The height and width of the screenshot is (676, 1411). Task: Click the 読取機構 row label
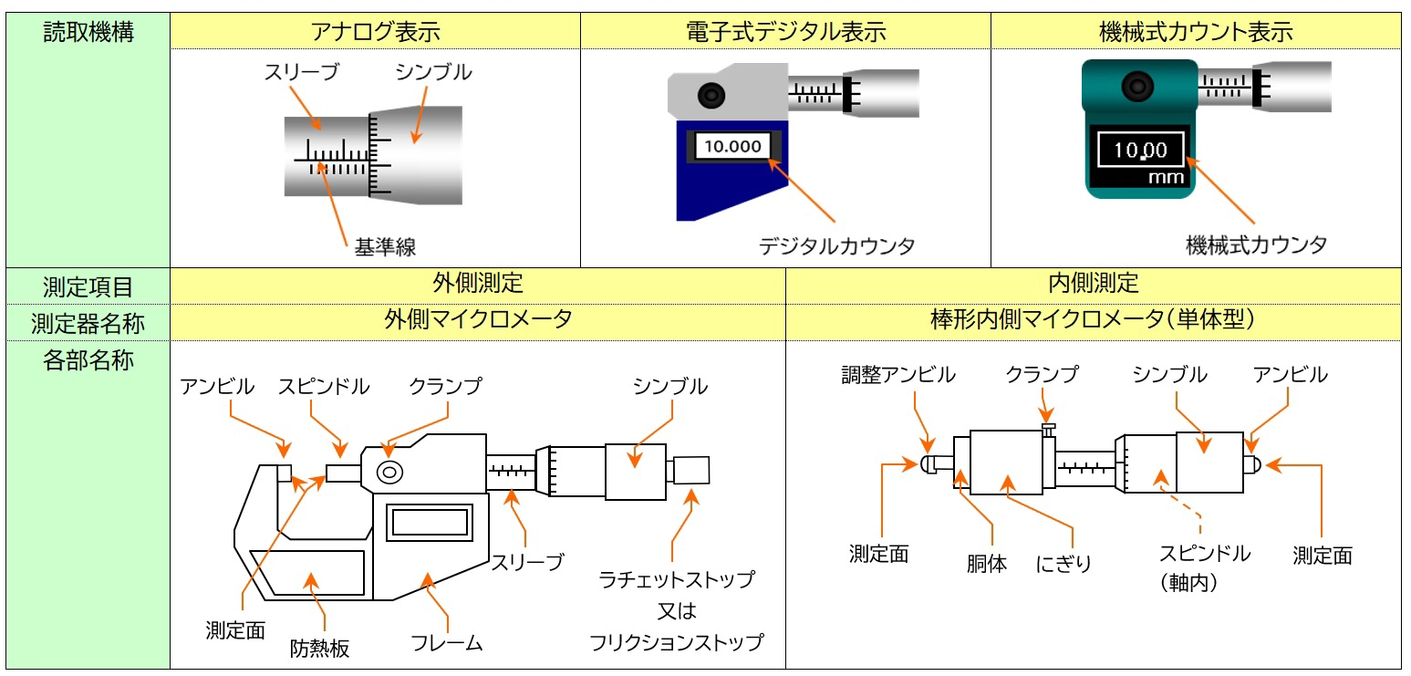(88, 33)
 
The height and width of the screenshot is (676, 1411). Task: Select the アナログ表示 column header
(375, 32)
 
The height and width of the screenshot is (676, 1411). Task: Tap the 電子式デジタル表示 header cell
(785, 32)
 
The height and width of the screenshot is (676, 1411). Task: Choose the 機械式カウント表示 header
(1196, 32)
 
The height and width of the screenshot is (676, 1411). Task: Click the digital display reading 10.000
(732, 147)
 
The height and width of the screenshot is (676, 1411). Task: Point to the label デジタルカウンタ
(836, 245)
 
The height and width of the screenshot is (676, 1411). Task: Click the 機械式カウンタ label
(1256, 244)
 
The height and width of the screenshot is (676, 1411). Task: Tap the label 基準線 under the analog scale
(385, 246)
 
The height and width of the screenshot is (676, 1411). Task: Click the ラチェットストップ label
(676, 580)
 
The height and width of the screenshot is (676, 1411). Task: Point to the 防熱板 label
(320, 649)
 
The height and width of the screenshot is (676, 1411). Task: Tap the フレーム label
(447, 643)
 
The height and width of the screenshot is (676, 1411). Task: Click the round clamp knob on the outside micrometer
(389, 472)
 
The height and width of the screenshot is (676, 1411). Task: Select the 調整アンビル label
(897, 375)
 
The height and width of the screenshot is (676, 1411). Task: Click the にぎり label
(1063, 564)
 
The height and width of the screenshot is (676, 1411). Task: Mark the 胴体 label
(986, 564)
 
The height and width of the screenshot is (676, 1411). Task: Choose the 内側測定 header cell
(1093, 283)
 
